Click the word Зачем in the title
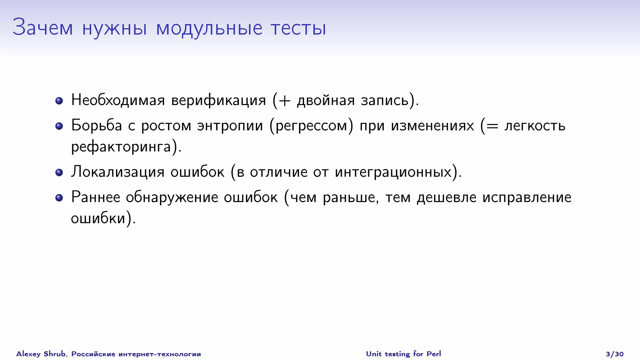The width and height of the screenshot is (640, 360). coord(43,28)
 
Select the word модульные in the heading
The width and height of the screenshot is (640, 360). coord(209,28)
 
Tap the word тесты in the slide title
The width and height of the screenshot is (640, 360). coord(298,28)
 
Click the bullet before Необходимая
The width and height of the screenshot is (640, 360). coord(59,101)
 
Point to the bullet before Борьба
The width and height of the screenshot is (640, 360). coord(59,126)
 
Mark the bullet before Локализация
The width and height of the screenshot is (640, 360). coord(59,172)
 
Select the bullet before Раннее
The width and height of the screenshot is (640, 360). coord(59,198)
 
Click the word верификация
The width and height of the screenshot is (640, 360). coord(218,101)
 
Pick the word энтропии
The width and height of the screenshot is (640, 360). coord(230,126)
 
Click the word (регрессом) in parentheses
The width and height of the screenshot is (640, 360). coord(311,126)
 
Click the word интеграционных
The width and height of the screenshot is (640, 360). coord(393,172)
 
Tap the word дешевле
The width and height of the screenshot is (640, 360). coord(447,197)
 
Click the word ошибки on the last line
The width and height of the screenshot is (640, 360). coord(98,218)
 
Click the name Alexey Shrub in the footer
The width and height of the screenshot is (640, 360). coord(41,354)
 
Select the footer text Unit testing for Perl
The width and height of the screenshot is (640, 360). coord(403,354)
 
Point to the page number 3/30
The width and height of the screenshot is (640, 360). coord(614,354)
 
